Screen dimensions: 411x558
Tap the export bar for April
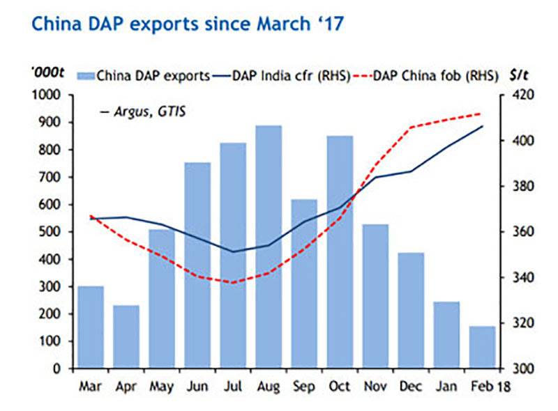[x=126, y=337]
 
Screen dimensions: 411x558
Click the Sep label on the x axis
[x=303, y=385]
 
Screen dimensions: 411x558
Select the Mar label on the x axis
[x=90, y=385]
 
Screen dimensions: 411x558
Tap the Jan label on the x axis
[x=446, y=385]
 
